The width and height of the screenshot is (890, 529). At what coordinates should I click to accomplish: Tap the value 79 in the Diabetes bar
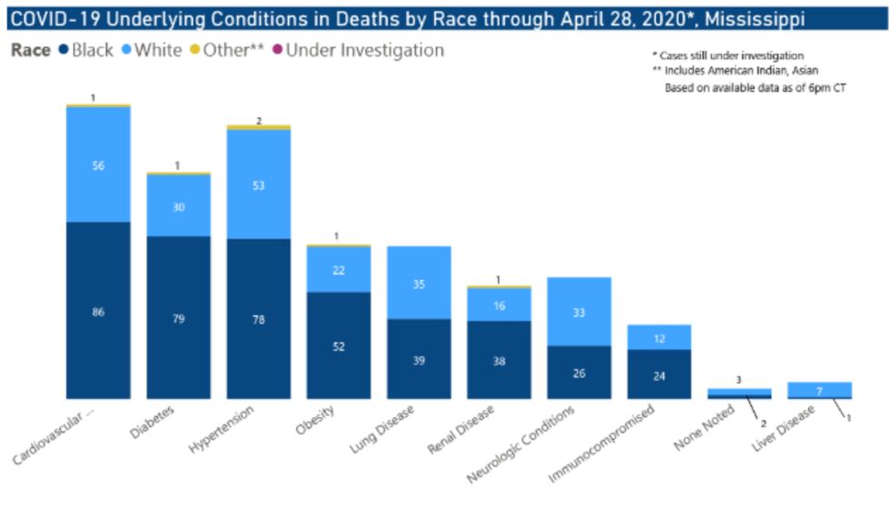(179, 319)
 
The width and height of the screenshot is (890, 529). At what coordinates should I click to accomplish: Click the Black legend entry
(86, 50)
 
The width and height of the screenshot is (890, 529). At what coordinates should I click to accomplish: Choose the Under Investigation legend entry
(358, 50)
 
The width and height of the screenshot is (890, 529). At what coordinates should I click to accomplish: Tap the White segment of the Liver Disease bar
(819, 389)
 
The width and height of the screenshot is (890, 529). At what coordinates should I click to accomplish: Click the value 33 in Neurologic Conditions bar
(578, 313)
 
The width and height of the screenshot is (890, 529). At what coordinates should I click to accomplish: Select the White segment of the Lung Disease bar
(419, 283)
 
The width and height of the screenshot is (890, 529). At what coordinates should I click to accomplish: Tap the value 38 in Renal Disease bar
(499, 360)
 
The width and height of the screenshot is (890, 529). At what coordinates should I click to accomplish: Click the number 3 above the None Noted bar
(738, 380)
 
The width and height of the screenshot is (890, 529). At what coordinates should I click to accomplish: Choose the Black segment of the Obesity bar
(339, 345)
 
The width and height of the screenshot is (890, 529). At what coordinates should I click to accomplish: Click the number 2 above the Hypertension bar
(259, 120)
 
